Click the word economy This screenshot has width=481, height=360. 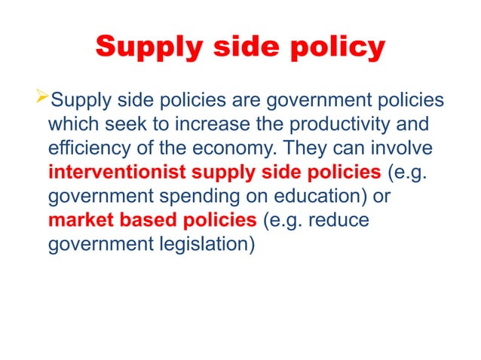[x=244, y=148]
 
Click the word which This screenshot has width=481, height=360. [x=72, y=124]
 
